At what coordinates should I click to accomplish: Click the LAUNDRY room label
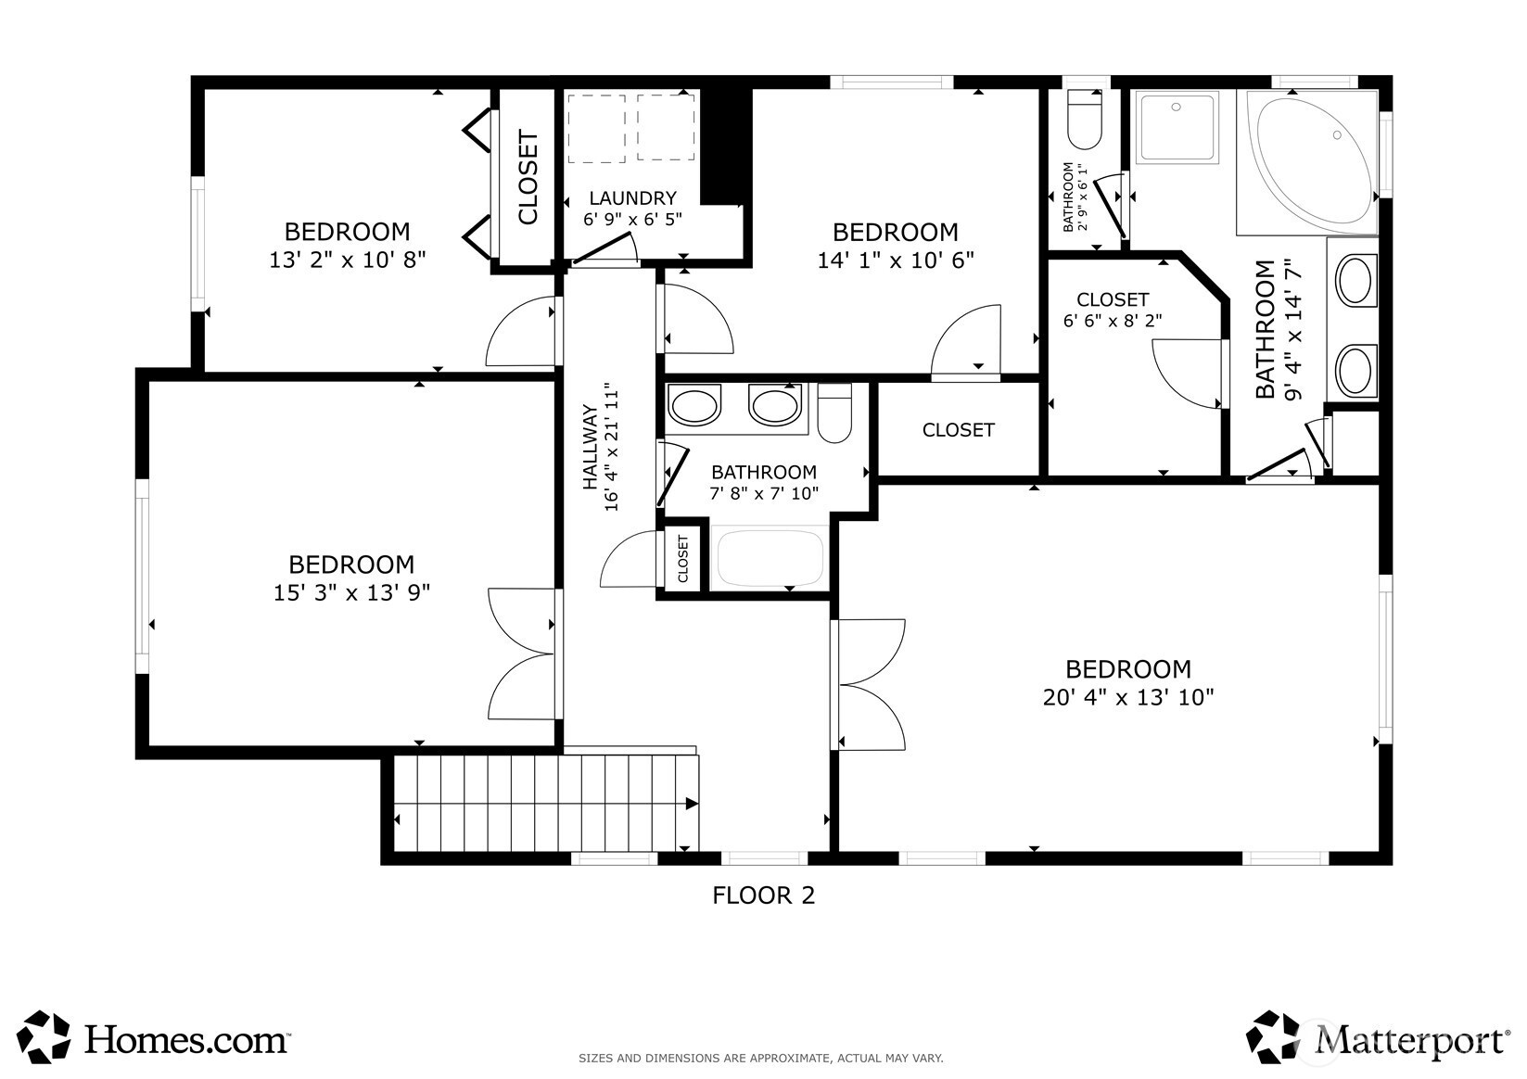632,198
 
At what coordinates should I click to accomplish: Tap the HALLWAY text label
590,447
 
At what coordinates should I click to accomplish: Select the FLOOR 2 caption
764,895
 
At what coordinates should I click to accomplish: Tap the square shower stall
1177,128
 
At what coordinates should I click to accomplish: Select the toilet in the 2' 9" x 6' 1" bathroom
1085,120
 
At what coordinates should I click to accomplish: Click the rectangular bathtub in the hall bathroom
769,557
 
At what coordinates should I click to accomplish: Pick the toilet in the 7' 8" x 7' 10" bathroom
834,413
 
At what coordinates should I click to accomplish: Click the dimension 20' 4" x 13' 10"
1128,697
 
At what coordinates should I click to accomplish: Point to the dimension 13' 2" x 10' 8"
347,260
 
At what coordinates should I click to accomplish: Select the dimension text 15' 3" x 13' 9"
351,592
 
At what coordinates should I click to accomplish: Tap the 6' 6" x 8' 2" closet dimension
1113,321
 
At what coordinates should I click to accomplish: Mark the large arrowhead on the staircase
692,804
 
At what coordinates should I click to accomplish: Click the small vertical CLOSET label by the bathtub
683,558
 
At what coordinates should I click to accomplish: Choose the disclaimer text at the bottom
761,1058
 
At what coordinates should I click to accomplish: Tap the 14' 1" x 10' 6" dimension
895,260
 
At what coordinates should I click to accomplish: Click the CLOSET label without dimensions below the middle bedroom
958,430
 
